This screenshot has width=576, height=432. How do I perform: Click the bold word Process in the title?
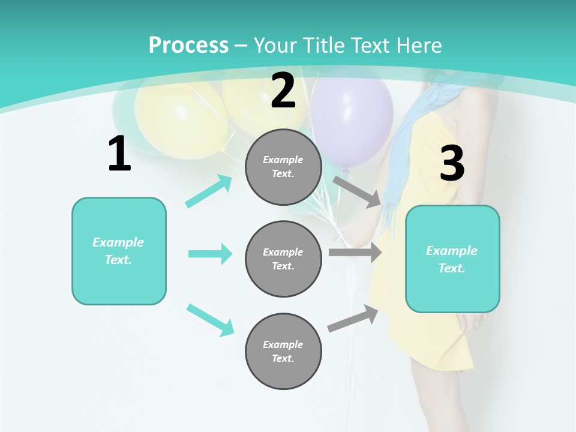(188, 46)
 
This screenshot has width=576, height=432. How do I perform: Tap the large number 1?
(119, 154)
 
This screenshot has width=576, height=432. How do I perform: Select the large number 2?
(283, 91)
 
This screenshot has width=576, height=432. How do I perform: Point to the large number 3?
(452, 164)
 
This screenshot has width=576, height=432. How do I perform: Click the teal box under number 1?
(119, 251)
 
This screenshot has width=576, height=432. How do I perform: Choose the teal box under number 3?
(452, 259)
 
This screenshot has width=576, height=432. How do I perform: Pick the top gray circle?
(283, 167)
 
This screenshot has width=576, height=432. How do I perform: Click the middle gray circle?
(283, 259)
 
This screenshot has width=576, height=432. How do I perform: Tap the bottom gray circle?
(283, 351)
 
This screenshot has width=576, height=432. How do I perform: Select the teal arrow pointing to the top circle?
(209, 191)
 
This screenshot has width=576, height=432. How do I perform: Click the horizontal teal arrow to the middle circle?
(210, 254)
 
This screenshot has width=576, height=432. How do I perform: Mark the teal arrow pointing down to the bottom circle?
(211, 320)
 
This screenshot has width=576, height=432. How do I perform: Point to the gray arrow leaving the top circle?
(358, 191)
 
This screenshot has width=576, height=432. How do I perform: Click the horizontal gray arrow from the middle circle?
(355, 253)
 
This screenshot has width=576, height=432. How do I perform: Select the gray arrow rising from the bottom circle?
(353, 318)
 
